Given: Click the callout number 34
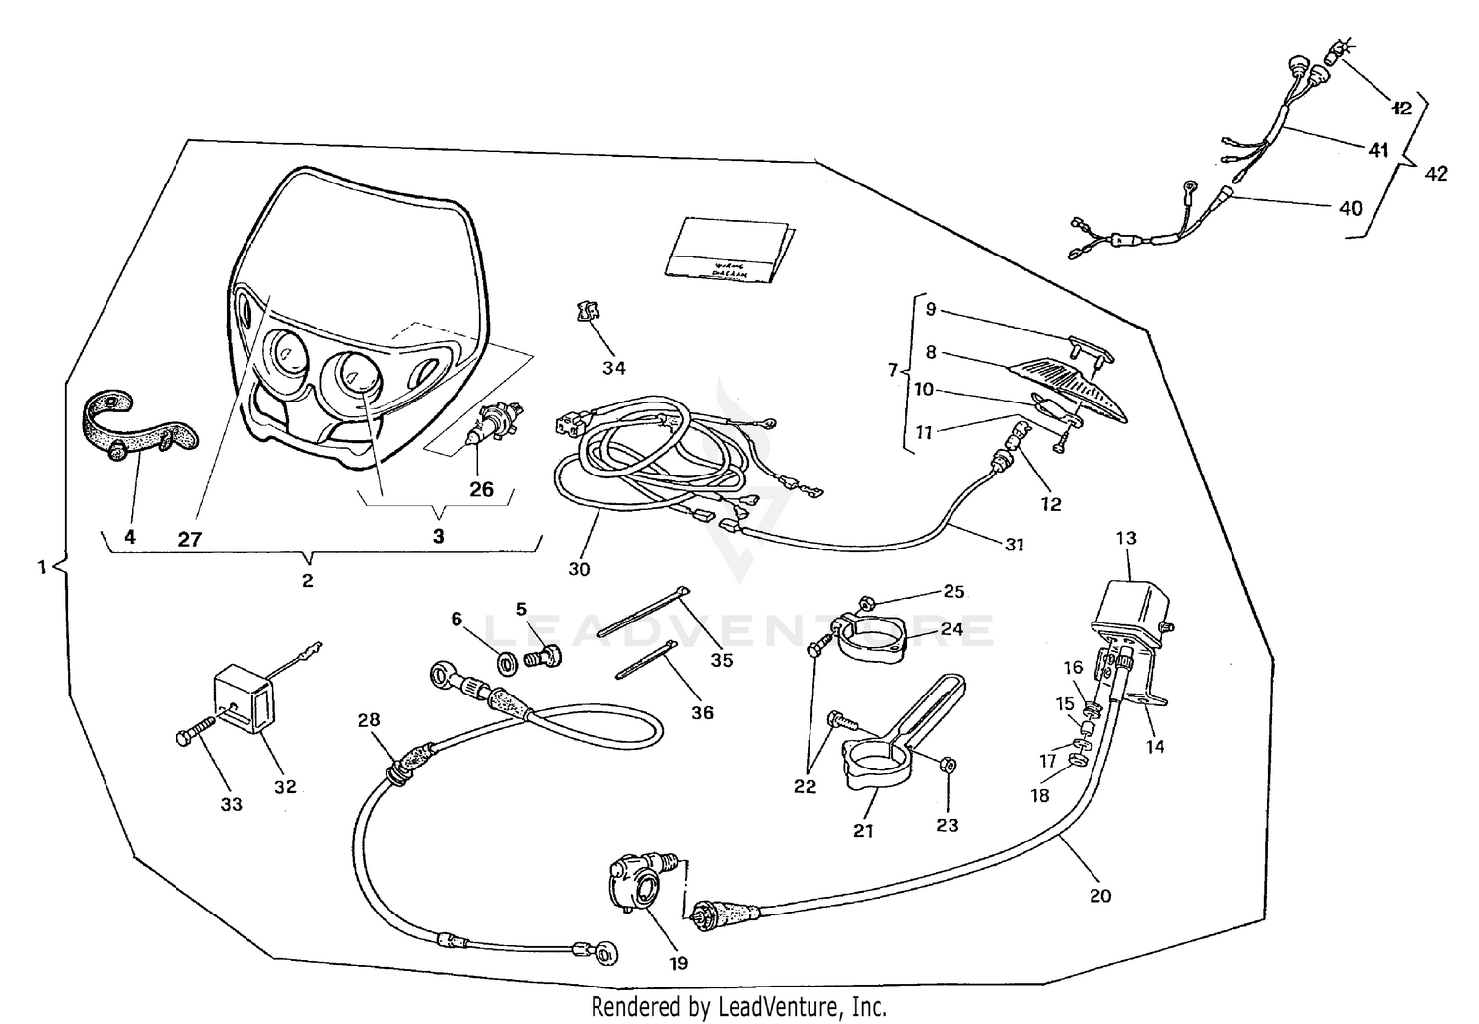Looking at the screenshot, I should [614, 368].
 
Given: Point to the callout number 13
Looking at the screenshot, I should [1126, 538].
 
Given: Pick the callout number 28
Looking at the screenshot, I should [369, 720].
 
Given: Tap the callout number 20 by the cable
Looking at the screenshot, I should [1100, 895].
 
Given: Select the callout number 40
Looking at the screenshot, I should [1350, 208].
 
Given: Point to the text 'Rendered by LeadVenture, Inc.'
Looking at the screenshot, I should [739, 1007].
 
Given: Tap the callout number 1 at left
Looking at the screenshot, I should [41, 567].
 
